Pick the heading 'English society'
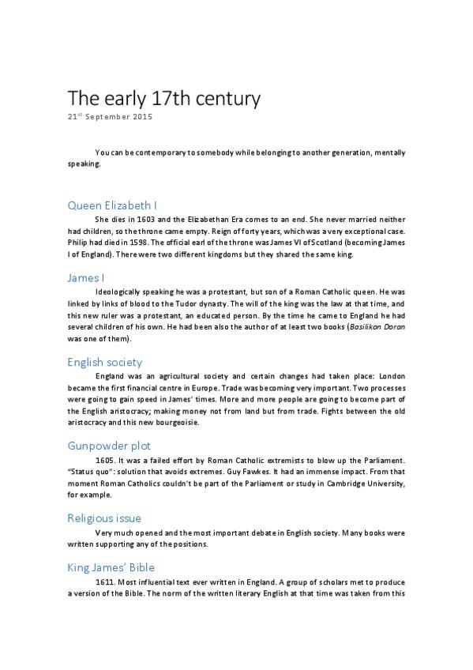[x=104, y=362]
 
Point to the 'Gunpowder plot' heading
[x=109, y=446]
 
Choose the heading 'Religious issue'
[x=104, y=518]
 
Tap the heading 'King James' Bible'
[x=111, y=567]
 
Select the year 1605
[x=104, y=460]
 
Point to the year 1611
[x=104, y=582]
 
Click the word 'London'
[x=389, y=375]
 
